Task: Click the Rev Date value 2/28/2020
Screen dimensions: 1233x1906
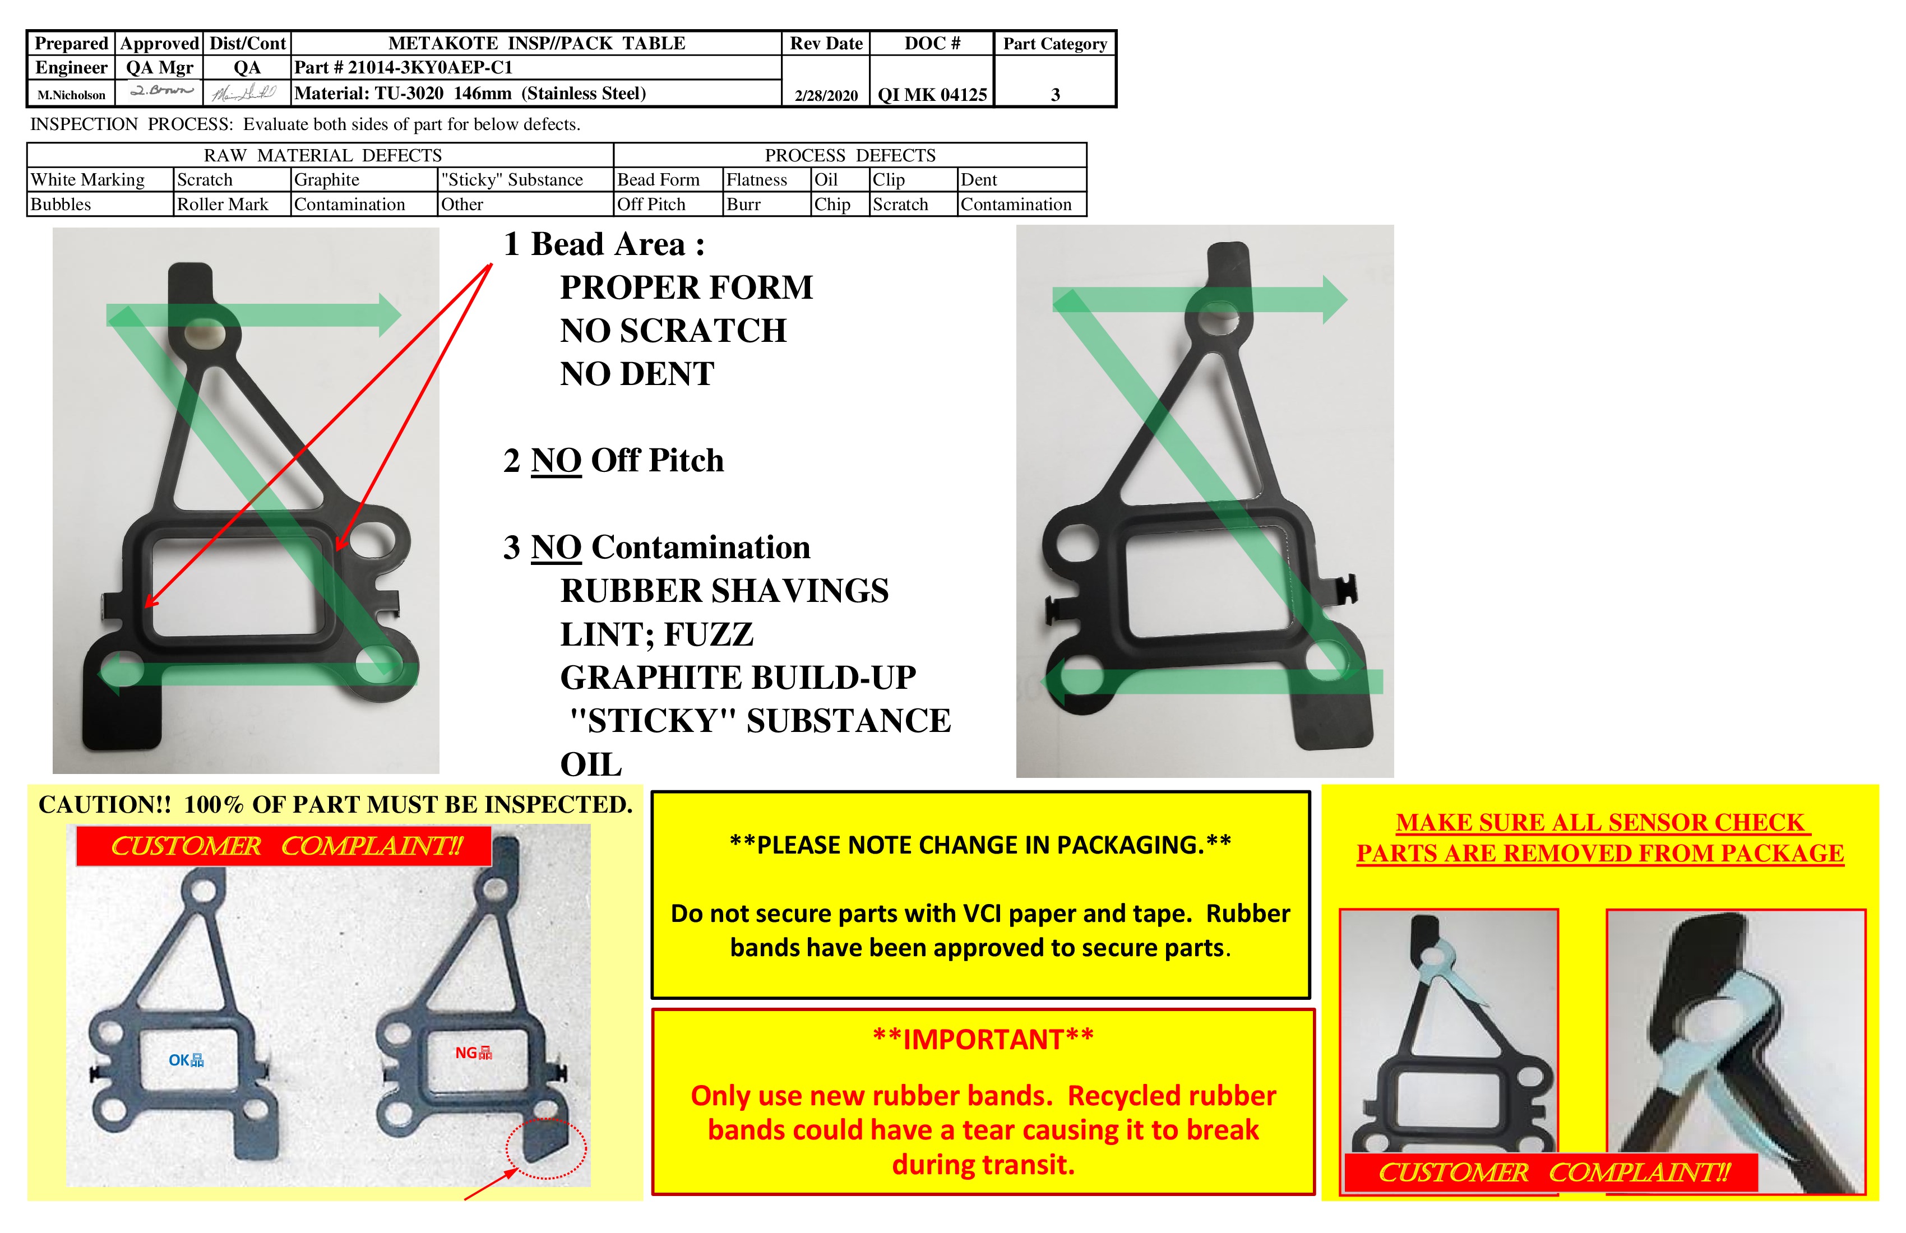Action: pyautogui.click(x=826, y=95)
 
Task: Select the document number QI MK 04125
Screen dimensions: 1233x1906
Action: pyautogui.click(x=932, y=95)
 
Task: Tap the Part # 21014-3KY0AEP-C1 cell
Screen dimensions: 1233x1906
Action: pyautogui.click(x=403, y=67)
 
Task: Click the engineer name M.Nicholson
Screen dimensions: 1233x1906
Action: pyautogui.click(x=71, y=95)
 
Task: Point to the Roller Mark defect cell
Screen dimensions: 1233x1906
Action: pyautogui.click(x=223, y=204)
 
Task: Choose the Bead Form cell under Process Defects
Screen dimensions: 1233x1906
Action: pyautogui.click(x=658, y=179)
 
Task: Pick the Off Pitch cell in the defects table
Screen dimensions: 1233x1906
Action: pyautogui.click(x=651, y=204)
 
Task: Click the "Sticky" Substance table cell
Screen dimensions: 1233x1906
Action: pyautogui.click(x=512, y=179)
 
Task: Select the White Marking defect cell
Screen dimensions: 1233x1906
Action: pyautogui.click(x=88, y=179)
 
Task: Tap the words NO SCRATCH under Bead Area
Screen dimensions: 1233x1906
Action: pyautogui.click(x=673, y=331)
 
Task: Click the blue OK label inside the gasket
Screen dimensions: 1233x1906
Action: pyautogui.click(x=186, y=1060)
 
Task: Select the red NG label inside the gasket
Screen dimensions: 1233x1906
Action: pyautogui.click(x=473, y=1053)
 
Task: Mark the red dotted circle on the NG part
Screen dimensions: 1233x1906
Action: pyautogui.click(x=546, y=1148)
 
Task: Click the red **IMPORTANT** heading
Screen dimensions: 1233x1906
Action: pyautogui.click(x=983, y=1039)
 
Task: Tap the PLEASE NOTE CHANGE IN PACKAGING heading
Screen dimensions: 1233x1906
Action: pyautogui.click(x=980, y=845)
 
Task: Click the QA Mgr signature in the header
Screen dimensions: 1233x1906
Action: pyautogui.click(x=160, y=91)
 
